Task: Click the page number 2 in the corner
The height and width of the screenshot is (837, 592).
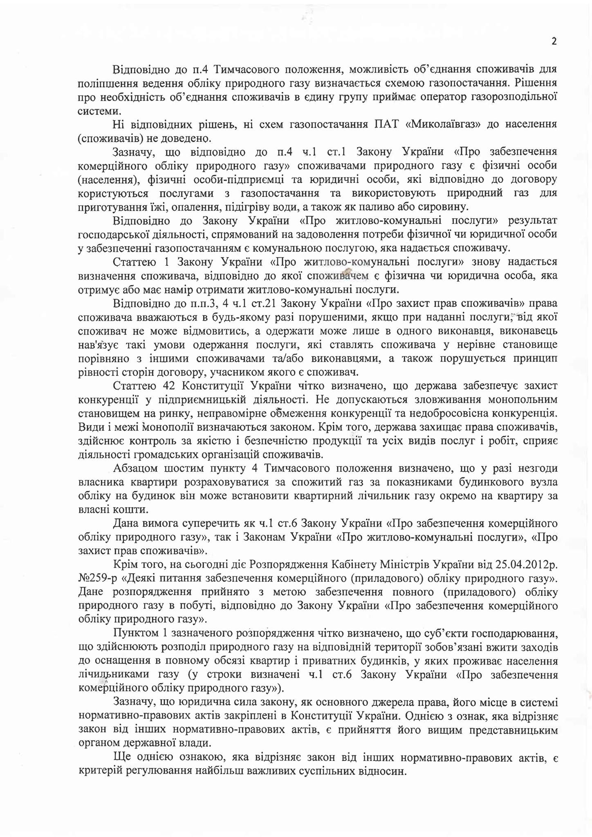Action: [554, 41]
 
